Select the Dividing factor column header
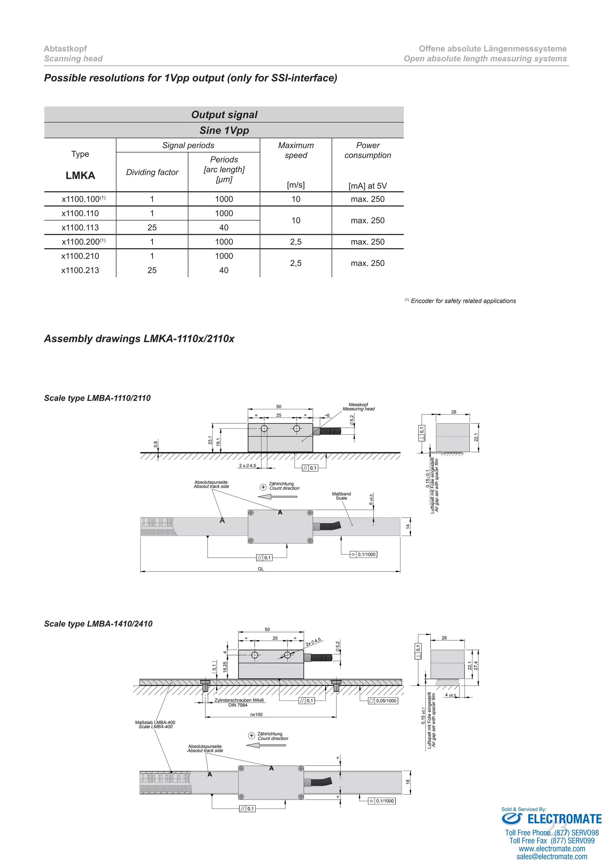click(x=152, y=172)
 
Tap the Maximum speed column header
click(x=296, y=150)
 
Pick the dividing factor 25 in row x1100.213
click(x=152, y=270)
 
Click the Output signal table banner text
click(x=224, y=115)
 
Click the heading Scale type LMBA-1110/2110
click(x=97, y=398)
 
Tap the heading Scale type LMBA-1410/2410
click(x=98, y=623)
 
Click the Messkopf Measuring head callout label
click(x=359, y=407)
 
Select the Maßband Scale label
click(x=341, y=496)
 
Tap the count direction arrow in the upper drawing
click(x=277, y=497)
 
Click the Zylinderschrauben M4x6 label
click(x=239, y=700)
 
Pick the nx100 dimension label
click(x=256, y=714)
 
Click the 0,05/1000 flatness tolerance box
click(x=383, y=701)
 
